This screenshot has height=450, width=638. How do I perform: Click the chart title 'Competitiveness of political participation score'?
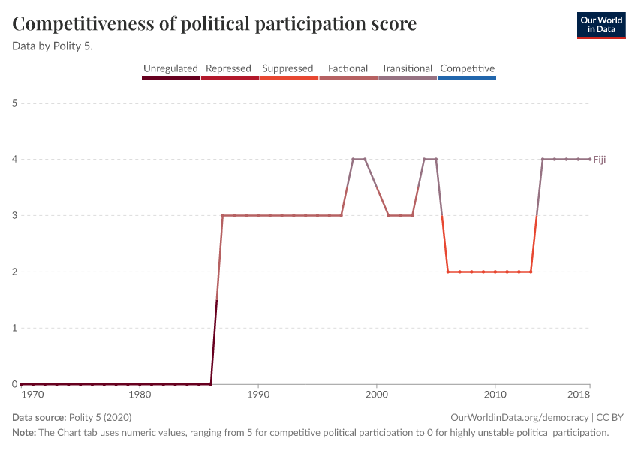pos(215,24)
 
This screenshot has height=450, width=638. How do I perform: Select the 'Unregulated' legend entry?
pos(170,68)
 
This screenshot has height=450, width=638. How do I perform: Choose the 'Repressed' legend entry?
pos(228,68)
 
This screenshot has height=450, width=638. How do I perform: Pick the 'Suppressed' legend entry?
pos(287,68)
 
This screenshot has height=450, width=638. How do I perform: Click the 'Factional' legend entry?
pos(348,68)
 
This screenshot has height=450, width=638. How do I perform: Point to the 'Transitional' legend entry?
pos(407,68)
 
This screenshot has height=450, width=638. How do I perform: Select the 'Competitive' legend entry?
pos(467,68)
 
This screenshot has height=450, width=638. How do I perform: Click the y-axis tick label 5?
pos(15,103)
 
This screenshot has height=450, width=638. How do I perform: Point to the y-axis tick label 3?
pos(15,215)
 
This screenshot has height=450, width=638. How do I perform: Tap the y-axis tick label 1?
pos(15,328)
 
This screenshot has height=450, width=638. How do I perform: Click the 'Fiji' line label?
pos(600,159)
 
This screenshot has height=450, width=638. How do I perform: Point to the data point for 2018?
pos(590,159)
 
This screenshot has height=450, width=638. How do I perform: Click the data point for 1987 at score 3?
pos(223,215)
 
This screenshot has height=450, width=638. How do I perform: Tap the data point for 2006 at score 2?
pos(448,271)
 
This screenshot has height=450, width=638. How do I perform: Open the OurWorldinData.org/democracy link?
pos(520,418)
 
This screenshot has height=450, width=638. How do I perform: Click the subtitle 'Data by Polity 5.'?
pos(58,46)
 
